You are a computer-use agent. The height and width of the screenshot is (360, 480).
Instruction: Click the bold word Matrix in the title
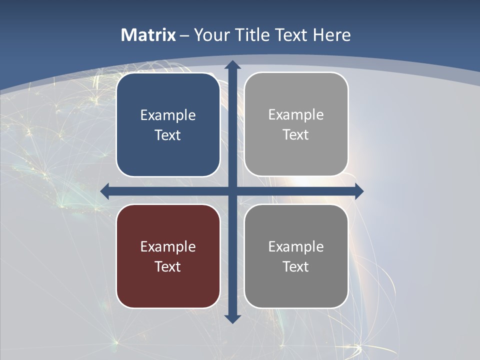click(x=148, y=35)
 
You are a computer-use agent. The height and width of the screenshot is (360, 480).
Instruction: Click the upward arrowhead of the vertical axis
click(x=232, y=64)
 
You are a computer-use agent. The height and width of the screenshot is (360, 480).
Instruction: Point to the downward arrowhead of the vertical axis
click(x=232, y=319)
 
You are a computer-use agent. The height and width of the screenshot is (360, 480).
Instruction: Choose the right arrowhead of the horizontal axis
click(x=359, y=191)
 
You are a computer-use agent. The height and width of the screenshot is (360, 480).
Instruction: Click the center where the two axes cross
click(x=232, y=191)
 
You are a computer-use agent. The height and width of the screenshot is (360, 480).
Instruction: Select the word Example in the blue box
click(x=168, y=115)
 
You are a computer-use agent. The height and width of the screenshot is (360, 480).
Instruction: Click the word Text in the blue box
click(x=168, y=135)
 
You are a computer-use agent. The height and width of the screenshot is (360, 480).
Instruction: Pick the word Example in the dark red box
click(x=168, y=246)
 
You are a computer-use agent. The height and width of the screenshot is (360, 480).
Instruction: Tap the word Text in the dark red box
click(x=168, y=266)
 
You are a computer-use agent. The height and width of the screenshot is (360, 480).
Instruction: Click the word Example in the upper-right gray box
click(x=296, y=115)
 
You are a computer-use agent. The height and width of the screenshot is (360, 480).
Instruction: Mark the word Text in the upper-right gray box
click(x=296, y=135)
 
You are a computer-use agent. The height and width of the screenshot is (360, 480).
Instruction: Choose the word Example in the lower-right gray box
click(x=296, y=246)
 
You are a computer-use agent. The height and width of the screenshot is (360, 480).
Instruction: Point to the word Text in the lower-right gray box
click(x=296, y=266)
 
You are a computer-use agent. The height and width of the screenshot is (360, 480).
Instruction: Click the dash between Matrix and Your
click(x=184, y=35)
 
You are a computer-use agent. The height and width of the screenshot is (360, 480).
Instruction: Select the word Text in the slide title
click(x=292, y=35)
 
